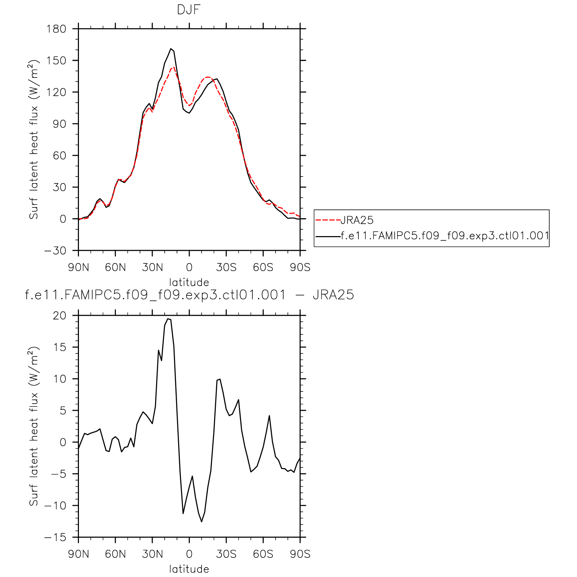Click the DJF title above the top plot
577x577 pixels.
189,10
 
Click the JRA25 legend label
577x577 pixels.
357,220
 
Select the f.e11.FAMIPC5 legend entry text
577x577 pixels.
444,236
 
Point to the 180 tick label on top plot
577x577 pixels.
56,29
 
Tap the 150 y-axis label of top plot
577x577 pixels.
56,60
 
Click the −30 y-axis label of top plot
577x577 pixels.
55,251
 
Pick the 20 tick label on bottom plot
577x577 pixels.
59,316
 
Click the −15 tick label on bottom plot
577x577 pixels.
55,538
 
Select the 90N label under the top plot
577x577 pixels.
79,268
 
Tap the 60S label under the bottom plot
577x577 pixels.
263,554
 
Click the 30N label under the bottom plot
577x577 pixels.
152,554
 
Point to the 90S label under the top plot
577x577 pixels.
300,268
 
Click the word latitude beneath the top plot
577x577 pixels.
189,282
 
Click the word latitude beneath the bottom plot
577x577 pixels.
189,569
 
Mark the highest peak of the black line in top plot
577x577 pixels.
171,49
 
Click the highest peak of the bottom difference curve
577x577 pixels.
168,319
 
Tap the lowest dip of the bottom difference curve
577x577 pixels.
202,522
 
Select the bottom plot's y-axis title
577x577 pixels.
34,426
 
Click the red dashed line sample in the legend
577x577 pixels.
328,220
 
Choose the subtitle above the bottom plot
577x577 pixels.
189,295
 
